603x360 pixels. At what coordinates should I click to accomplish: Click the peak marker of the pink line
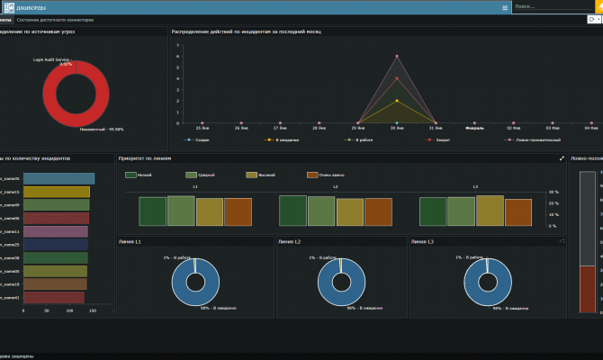(397, 56)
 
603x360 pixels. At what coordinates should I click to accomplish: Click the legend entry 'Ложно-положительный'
(532, 139)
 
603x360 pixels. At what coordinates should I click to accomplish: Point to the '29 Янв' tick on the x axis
(358, 129)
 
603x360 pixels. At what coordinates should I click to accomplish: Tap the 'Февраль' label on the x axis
(474, 129)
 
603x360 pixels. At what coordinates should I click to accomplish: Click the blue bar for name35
(58, 178)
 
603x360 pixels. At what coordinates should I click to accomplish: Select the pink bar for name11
(55, 231)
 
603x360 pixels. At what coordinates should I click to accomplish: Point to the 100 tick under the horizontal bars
(93, 309)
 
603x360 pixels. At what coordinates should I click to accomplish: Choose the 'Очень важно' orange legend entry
(327, 175)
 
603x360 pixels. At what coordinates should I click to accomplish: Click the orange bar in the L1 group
(238, 211)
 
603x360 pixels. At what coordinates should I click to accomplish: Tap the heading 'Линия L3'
(422, 242)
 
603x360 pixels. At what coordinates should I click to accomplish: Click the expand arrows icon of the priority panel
(562, 158)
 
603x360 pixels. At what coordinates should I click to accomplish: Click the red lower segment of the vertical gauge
(587, 288)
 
